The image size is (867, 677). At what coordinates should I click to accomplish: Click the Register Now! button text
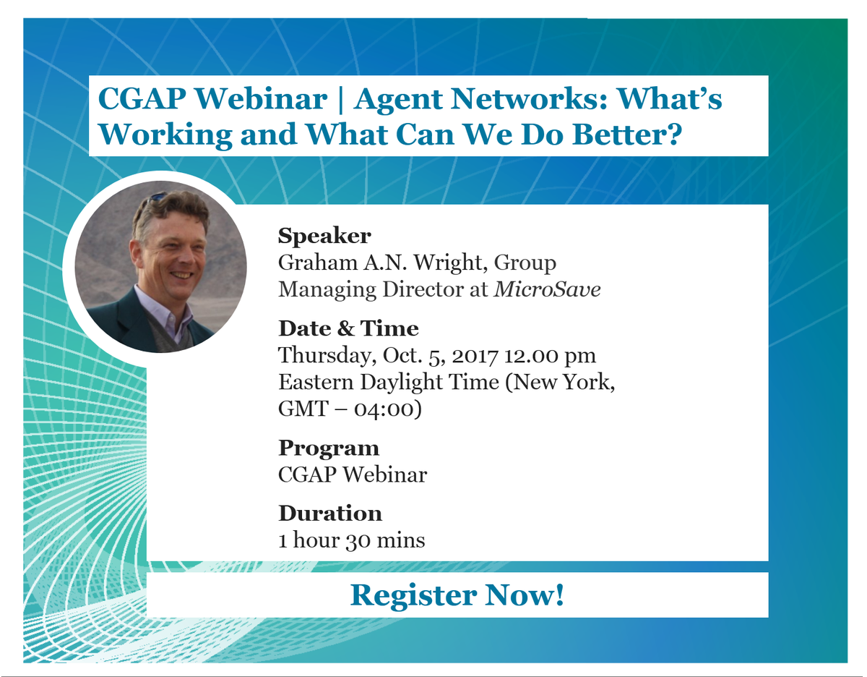coord(457,595)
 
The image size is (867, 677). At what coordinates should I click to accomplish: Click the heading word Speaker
coord(324,236)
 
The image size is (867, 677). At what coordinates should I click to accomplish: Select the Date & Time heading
coord(348,328)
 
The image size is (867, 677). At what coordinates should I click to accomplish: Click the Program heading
coord(329,448)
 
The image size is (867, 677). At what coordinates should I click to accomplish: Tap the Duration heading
coord(330,514)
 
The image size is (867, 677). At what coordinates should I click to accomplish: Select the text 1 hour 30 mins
coord(352,540)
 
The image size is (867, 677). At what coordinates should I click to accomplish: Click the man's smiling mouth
coord(181,275)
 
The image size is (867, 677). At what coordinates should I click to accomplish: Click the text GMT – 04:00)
coord(350,409)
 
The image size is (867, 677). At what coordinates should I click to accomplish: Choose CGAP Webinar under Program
coord(352,474)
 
